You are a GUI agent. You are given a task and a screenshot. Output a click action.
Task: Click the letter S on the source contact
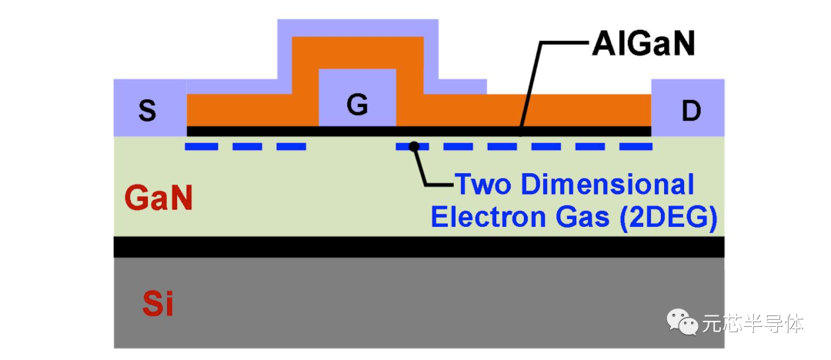tap(147, 112)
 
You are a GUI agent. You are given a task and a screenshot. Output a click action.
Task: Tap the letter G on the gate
tap(357, 105)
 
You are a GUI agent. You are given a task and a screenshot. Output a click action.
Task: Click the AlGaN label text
tap(643, 45)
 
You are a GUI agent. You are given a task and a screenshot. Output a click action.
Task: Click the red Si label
tap(158, 305)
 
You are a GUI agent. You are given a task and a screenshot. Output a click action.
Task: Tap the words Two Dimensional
tap(574, 185)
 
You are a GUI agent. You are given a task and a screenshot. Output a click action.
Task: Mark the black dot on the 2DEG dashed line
tap(414, 145)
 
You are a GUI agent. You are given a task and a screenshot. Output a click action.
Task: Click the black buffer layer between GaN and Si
tap(419, 246)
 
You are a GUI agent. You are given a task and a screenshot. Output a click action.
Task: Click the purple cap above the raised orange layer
tap(357, 27)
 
